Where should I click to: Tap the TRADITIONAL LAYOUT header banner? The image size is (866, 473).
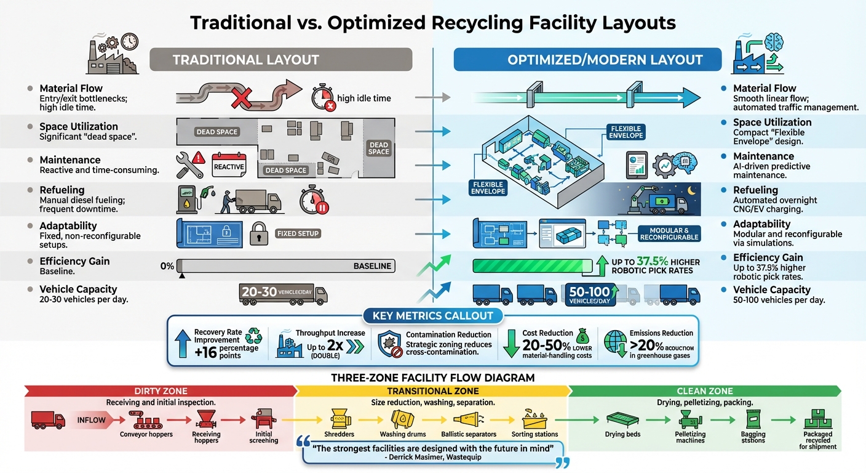280,60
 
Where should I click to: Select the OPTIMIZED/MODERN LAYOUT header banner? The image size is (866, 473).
587,60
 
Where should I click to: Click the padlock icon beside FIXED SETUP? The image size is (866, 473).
259,233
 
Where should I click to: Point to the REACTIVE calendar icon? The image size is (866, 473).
228,165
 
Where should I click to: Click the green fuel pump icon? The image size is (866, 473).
186,200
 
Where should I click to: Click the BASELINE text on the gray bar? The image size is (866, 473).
372,266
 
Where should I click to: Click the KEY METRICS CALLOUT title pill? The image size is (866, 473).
432,316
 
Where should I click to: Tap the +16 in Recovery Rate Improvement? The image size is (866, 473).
206,352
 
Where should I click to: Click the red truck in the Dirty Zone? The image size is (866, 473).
48,420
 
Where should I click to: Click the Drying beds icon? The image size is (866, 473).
623,418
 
